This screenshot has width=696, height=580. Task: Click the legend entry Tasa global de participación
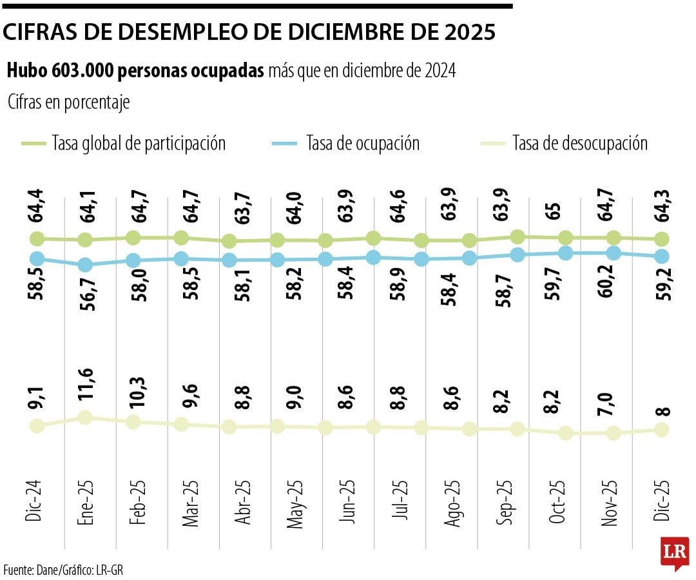pyautogui.click(x=139, y=143)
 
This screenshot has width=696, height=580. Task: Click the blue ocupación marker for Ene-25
pyautogui.click(x=84, y=265)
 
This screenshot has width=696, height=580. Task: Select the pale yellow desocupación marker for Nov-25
pyautogui.click(x=614, y=433)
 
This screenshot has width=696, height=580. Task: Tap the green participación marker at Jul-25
pyautogui.click(x=373, y=238)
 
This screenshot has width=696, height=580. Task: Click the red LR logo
pyautogui.click(x=675, y=552)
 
